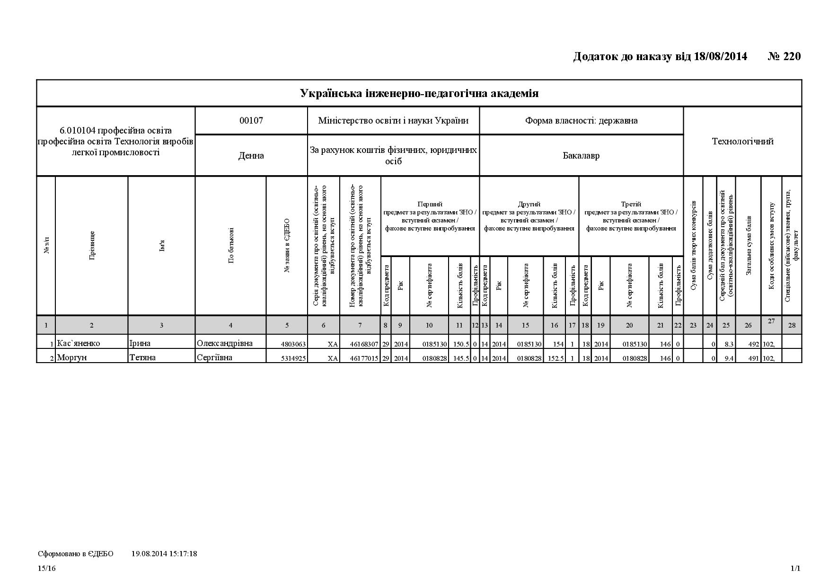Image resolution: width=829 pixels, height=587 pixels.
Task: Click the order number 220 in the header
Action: pyautogui.click(x=792, y=57)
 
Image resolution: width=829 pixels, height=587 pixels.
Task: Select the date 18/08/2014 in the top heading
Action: pyautogui.click(x=720, y=57)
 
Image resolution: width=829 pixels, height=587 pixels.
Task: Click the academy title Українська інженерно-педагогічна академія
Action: pyautogui.click(x=419, y=93)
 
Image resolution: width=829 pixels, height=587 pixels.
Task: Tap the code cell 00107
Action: pyautogui.click(x=251, y=121)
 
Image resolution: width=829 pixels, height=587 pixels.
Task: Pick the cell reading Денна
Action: pyautogui.click(x=251, y=156)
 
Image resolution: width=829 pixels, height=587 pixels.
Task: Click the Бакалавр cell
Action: pyautogui.click(x=581, y=156)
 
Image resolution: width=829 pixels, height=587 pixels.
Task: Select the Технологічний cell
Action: pyautogui.click(x=742, y=142)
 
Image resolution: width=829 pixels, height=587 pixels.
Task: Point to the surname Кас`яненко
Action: pyautogui.click(x=79, y=343)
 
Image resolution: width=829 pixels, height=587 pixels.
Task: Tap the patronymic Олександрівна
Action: pyautogui.click(x=225, y=343)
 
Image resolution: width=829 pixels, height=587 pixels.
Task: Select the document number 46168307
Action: pyautogui.click(x=364, y=344)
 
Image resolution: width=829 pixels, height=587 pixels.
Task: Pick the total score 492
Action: pyautogui.click(x=754, y=344)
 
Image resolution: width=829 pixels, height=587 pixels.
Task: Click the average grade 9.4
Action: pyautogui.click(x=729, y=358)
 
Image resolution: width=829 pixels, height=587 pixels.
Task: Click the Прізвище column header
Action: pyautogui.click(x=92, y=245)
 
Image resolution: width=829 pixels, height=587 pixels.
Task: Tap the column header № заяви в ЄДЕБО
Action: pyautogui.click(x=287, y=245)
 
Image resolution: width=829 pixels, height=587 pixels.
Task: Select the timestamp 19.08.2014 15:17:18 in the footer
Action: pyautogui.click(x=164, y=553)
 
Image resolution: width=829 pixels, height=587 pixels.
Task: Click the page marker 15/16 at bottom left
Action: pyautogui.click(x=47, y=569)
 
